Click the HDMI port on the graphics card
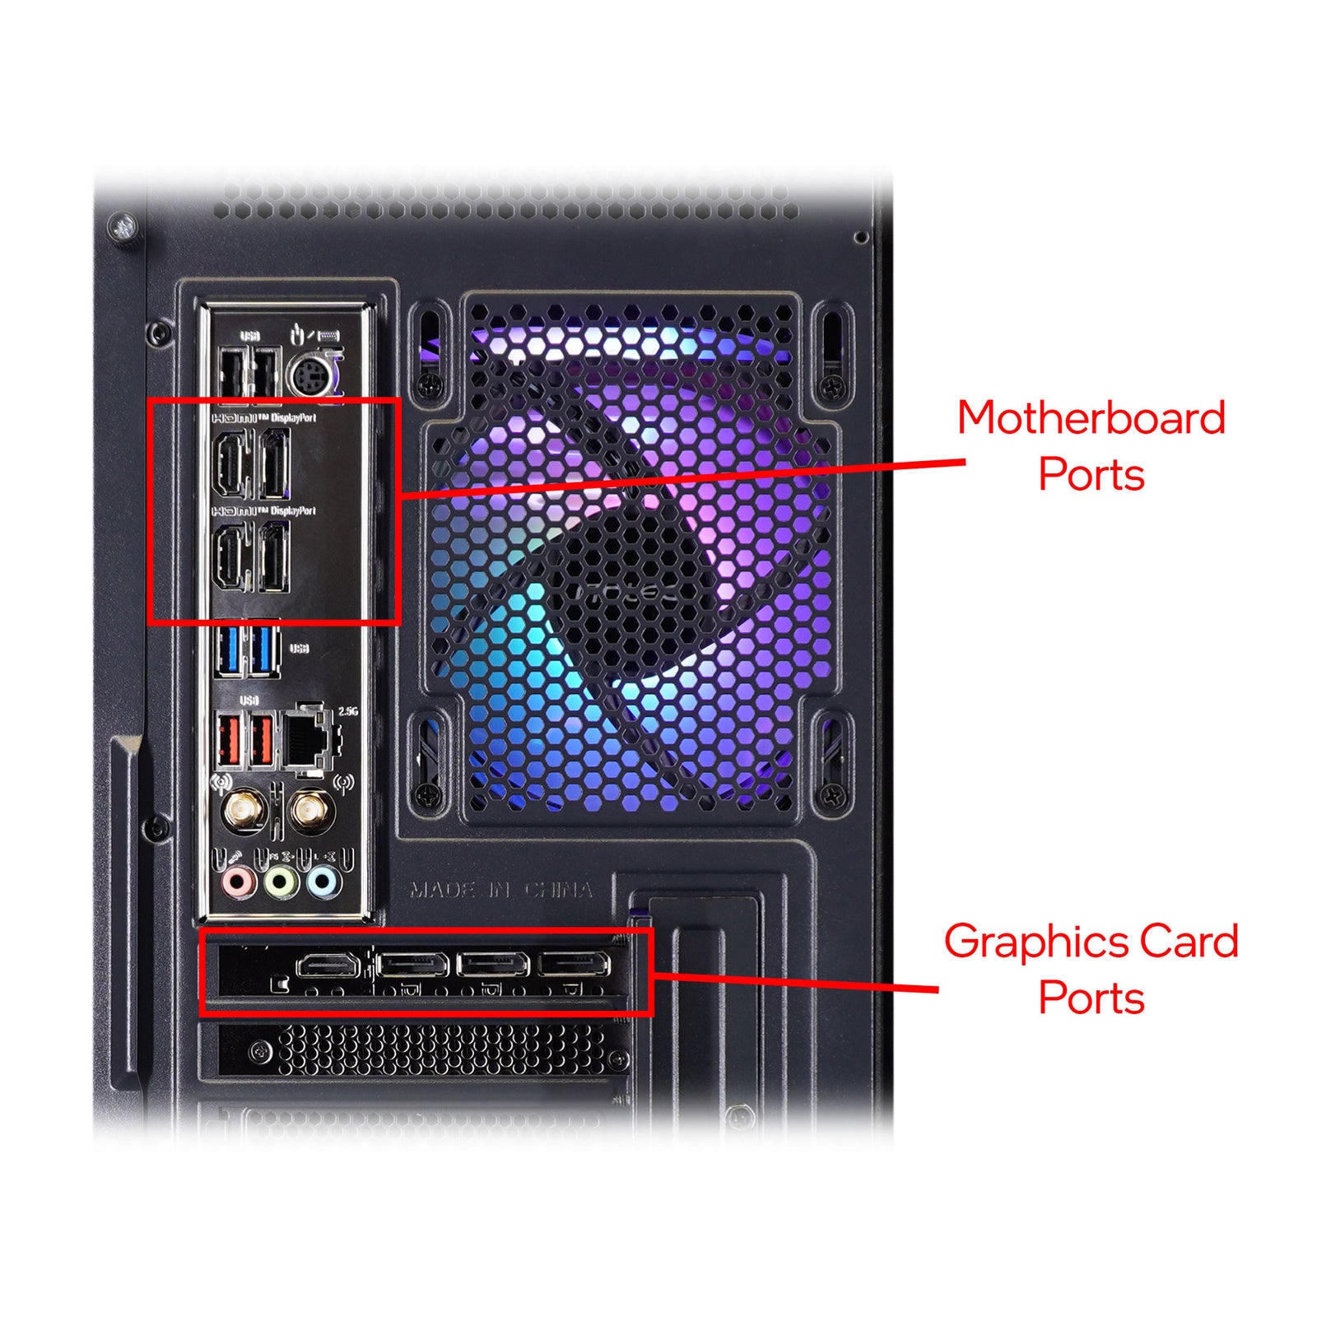328,964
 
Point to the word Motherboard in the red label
1091,417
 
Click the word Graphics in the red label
1032,941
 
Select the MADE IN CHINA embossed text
501,890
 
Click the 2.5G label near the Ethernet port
348,711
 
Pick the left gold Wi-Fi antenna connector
244,813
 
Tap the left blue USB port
230,649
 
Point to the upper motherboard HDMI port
231,466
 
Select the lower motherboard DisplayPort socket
274,558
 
